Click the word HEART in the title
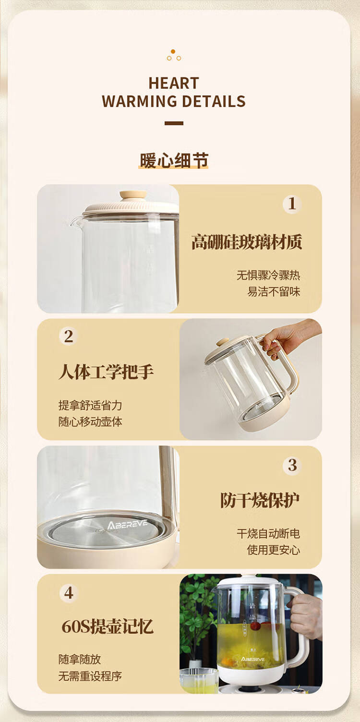[174, 83]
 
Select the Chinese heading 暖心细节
[174, 160]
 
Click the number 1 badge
[292, 204]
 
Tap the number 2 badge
[68, 337]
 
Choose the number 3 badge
[292, 465]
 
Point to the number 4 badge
[69, 593]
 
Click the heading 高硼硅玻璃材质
[247, 242]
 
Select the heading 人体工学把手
[106, 372]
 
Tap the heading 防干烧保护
[260, 500]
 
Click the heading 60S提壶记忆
[108, 626]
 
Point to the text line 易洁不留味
[274, 292]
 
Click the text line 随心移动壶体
[90, 421]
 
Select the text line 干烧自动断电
[268, 534]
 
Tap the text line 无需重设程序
[90, 676]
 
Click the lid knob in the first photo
[133, 195]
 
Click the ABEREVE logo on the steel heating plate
[128, 525]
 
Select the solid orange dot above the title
[173, 51]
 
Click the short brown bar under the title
[174, 123]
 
